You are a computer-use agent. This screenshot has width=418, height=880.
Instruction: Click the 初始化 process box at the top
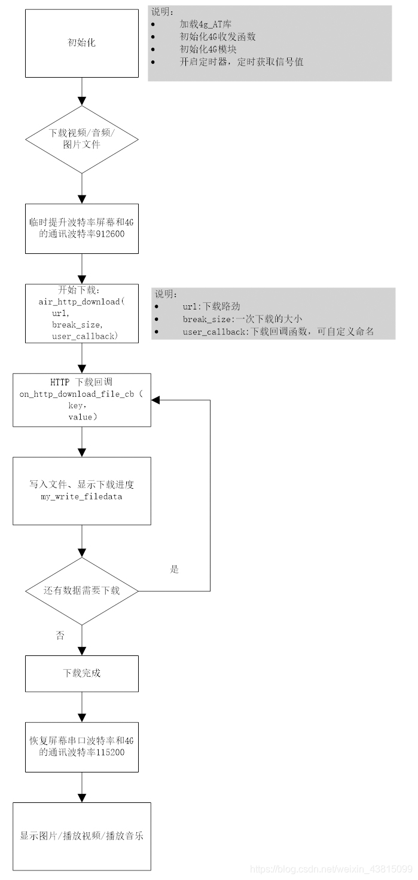coord(81,42)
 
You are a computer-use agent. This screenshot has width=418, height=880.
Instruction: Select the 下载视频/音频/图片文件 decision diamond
coord(81,139)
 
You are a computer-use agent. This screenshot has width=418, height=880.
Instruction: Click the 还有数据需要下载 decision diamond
coord(81,591)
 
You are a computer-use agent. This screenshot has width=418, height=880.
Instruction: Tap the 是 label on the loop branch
coord(174,569)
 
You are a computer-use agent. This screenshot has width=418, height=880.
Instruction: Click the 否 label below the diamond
coord(60,636)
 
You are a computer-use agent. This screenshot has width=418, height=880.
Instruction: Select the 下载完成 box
coord(81,673)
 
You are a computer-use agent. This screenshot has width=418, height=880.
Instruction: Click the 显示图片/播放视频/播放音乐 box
coord(81,836)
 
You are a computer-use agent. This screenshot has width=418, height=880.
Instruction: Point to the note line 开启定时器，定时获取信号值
coord(242,62)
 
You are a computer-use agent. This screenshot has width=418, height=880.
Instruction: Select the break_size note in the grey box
coord(242,319)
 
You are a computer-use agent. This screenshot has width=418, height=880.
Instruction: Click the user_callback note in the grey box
coord(278,332)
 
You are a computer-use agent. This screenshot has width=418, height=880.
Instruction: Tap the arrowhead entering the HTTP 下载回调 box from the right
coord(155,400)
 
